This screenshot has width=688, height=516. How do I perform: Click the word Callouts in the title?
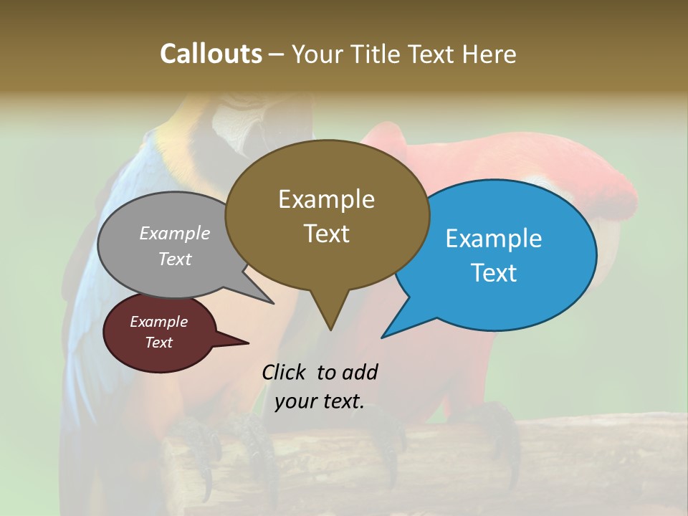[211, 54]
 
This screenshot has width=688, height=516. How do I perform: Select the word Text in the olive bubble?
[327, 234]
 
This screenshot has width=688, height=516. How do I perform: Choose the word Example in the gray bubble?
[175, 233]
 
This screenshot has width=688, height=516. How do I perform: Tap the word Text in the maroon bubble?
[158, 343]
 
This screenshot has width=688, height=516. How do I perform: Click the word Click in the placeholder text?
[285, 372]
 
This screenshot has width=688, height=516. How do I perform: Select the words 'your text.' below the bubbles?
[320, 401]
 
